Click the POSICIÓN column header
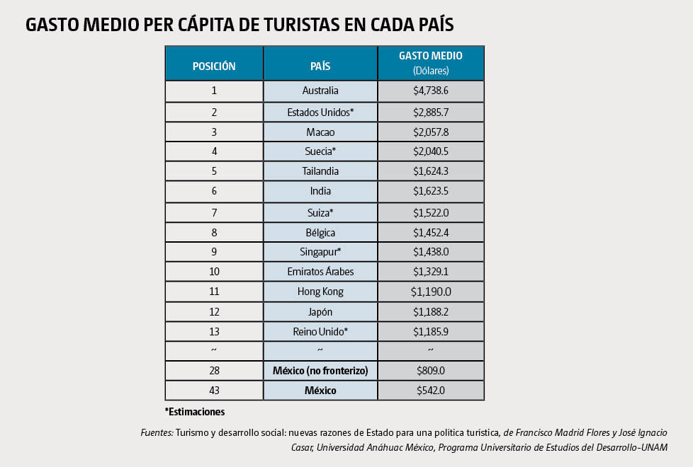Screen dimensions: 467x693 [214, 67]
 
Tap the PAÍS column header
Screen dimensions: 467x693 [320, 67]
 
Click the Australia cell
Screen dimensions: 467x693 [320, 91]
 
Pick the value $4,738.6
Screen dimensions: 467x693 [431, 91]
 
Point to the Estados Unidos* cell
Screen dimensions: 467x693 [320, 112]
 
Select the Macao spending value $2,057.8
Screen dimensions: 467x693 [431, 132]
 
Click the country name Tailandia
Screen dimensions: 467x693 [320, 171]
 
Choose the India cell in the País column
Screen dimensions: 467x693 [320, 191]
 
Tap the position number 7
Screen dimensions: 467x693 [214, 212]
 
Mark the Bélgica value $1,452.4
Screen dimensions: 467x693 [431, 232]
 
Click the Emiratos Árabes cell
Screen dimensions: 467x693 [320, 272]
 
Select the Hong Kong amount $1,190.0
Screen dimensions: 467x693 [431, 292]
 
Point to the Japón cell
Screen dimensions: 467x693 [320, 312]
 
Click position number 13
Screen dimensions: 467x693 [214, 331]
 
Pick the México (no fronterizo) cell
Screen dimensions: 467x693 [320, 371]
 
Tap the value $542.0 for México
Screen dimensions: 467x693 [431, 391]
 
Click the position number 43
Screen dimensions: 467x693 [214, 391]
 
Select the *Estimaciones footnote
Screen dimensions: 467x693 [195, 411]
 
